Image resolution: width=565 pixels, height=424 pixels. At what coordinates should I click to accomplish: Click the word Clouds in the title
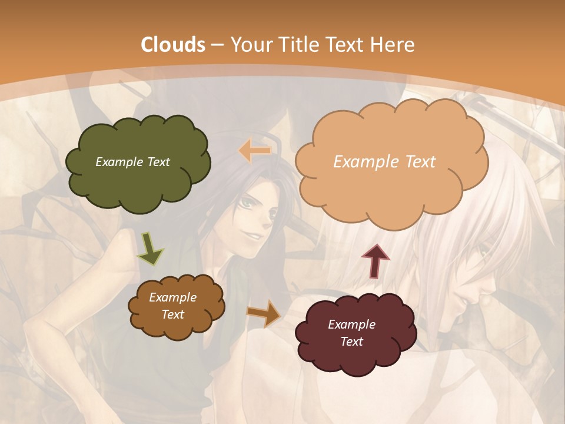click(x=173, y=44)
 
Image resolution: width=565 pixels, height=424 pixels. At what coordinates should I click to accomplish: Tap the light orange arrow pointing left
click(x=255, y=151)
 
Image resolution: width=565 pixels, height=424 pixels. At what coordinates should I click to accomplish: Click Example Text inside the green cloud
click(x=133, y=162)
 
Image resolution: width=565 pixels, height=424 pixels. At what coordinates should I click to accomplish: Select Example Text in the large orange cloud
click(x=384, y=161)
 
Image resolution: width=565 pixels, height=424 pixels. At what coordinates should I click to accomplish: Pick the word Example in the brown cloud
click(x=172, y=297)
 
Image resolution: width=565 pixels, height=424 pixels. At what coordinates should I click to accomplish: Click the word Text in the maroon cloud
click(x=351, y=342)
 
